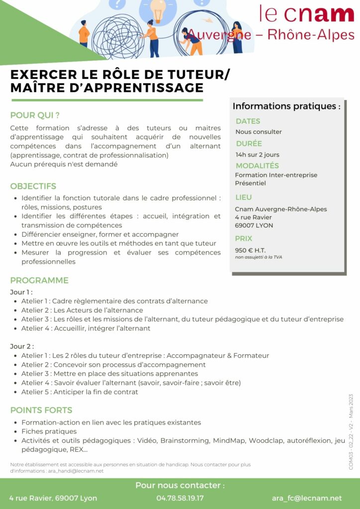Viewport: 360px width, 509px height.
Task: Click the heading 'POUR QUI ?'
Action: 35,115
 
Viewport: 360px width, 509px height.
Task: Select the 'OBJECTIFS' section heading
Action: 33,186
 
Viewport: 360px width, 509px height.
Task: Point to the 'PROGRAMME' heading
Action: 39,280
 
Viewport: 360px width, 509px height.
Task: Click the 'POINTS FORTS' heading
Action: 41,410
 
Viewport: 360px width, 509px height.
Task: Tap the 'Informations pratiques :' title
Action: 286,106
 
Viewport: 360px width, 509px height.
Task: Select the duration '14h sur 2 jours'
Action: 258,155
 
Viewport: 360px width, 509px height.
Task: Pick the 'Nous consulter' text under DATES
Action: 259,132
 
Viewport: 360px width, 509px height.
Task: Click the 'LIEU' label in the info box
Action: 244,197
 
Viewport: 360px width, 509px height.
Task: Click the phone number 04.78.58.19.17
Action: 180,498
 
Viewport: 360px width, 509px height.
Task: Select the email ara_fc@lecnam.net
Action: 307,498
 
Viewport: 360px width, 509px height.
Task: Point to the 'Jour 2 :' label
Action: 22,346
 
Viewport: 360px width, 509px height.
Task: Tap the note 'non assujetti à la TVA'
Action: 259,257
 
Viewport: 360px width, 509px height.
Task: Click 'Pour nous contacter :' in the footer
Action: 180,485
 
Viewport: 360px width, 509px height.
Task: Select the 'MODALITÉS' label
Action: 257,166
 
